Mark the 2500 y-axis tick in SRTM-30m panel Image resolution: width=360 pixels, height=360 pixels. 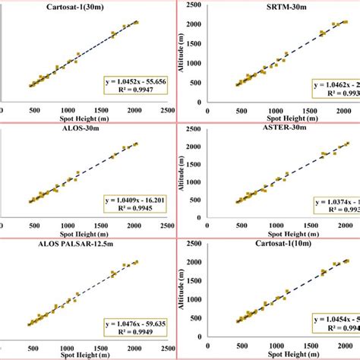(x=194, y=5)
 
